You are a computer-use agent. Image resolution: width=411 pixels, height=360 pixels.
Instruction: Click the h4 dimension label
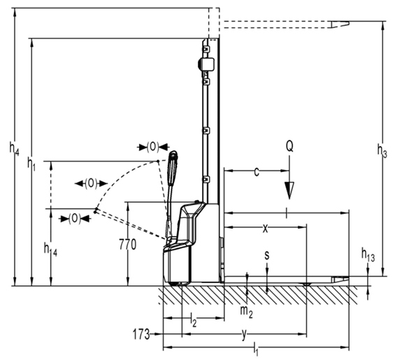(x=15, y=148)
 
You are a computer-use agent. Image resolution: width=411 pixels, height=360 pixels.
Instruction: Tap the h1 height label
(x=31, y=164)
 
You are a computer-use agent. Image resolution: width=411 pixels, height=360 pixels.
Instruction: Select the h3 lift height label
(x=382, y=151)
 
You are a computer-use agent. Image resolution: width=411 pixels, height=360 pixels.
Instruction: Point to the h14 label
(x=50, y=249)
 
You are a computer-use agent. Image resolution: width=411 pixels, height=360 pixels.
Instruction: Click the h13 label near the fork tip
(x=368, y=255)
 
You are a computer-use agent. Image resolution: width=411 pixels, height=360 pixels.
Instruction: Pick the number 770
(x=128, y=245)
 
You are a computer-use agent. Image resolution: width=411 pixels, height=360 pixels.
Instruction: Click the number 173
(x=141, y=334)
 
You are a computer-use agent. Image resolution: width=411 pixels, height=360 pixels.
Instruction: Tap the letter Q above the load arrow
(x=289, y=146)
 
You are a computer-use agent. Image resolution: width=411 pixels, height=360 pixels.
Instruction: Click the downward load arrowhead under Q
(x=289, y=190)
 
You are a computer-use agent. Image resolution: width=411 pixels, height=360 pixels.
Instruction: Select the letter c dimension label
(x=257, y=172)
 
